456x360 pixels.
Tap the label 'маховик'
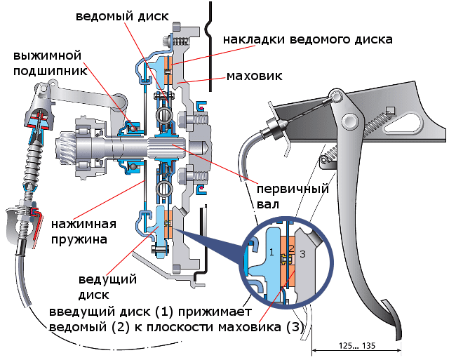tap(253, 75)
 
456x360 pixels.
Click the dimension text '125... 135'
tap(356, 347)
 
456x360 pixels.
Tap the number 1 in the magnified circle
tap(271, 251)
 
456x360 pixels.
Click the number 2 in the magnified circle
tap(290, 248)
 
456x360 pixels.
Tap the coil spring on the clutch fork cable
tap(32, 168)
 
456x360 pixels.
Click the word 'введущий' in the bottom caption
tap(81, 312)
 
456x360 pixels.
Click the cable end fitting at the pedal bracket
tap(274, 128)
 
